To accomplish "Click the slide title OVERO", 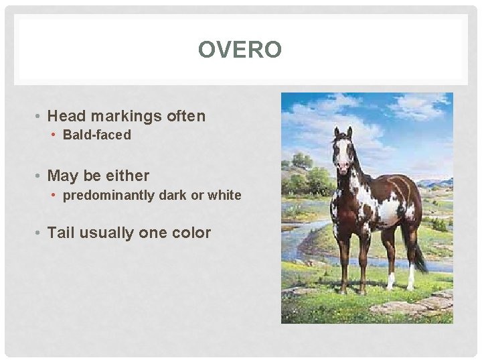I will [240, 50].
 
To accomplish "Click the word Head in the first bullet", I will [68, 116].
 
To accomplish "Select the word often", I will [186, 116].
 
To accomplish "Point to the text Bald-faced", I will [97, 135].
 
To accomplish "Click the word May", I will [63, 176].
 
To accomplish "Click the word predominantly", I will [109, 195].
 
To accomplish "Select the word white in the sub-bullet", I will [225, 195].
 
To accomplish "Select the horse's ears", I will [342, 131].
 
